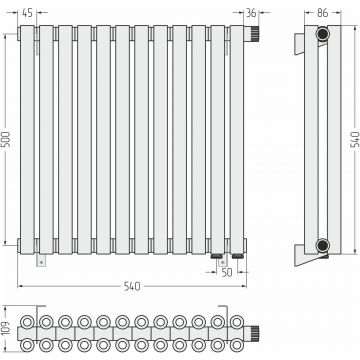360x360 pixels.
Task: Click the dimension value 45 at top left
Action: pyautogui.click(x=27, y=13)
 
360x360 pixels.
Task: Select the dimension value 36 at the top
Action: pyautogui.click(x=251, y=13)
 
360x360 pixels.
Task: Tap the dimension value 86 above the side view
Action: pyautogui.click(x=322, y=13)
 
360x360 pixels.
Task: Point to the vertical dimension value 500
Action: pyautogui.click(x=8, y=139)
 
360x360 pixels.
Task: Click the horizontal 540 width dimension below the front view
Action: pyautogui.click(x=132, y=286)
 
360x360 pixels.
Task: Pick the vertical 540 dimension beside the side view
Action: pyautogui.click(x=356, y=139)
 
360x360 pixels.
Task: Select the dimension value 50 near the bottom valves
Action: pyautogui.click(x=227, y=272)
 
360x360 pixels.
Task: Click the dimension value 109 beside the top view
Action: pyautogui.click(x=7, y=329)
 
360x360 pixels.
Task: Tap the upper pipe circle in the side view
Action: pyautogui.click(x=322, y=34)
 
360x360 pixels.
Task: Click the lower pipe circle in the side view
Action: pyautogui.click(x=322, y=246)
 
